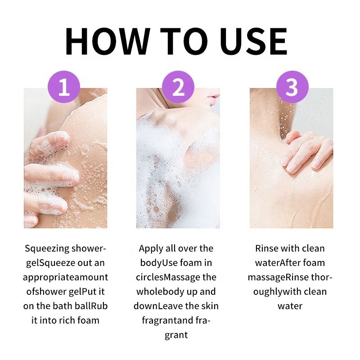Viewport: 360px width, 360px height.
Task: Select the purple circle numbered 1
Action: (x=64, y=87)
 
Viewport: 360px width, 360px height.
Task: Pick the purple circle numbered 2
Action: (x=178, y=87)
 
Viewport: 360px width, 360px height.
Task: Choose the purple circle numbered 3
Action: (x=292, y=87)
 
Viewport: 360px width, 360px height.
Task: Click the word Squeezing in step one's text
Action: (x=47, y=249)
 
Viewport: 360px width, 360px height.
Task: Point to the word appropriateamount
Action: (x=65, y=278)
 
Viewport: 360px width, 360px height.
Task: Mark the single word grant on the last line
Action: (x=176, y=335)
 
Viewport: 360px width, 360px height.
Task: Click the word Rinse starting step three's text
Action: (x=266, y=248)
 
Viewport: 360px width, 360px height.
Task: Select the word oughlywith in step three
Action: (x=277, y=292)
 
